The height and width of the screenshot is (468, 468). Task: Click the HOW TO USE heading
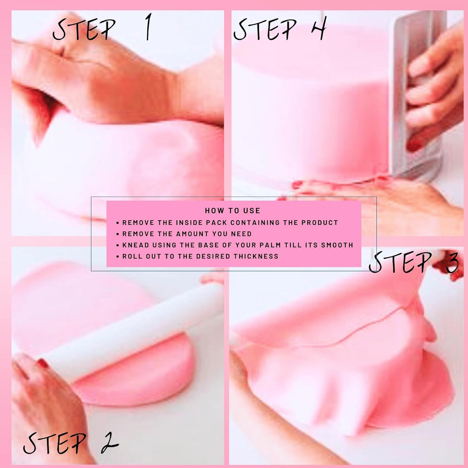click(233, 211)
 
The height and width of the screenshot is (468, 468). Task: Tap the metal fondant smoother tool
click(421, 97)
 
